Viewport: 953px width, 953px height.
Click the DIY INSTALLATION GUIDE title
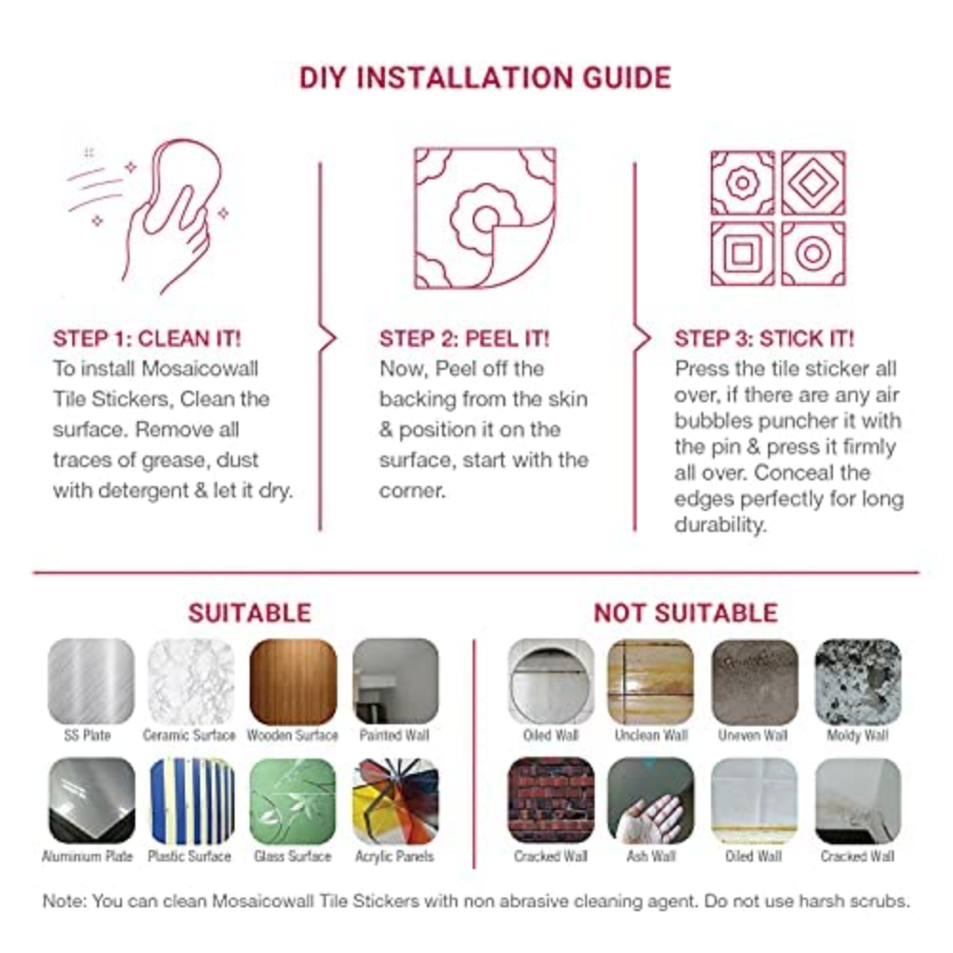pos(485,78)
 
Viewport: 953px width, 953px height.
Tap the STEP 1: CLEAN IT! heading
pos(147,338)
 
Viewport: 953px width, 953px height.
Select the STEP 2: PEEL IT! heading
pos(464,338)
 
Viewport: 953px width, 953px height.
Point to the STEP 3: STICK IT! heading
pos(764,338)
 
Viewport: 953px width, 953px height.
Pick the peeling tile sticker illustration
pos(485,218)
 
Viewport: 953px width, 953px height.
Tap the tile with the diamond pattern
pos(813,183)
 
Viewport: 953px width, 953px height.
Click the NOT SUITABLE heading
pos(685,613)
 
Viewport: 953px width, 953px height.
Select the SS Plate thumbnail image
pos(91,680)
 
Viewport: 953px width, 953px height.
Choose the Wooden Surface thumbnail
pos(293,680)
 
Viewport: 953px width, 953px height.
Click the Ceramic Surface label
pos(189,736)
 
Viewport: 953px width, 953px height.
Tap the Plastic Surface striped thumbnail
pos(193,801)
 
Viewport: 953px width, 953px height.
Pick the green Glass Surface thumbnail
pos(293,801)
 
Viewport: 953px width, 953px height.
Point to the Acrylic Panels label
pos(395,857)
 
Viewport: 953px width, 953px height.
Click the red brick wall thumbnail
pos(551,801)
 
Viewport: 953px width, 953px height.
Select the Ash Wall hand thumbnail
pos(651,801)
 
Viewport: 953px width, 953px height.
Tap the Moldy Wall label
pos(858,736)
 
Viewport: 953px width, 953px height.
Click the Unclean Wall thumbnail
pos(651,680)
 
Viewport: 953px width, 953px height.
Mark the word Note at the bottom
pos(64,901)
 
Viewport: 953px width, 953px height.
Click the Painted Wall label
pos(395,736)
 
